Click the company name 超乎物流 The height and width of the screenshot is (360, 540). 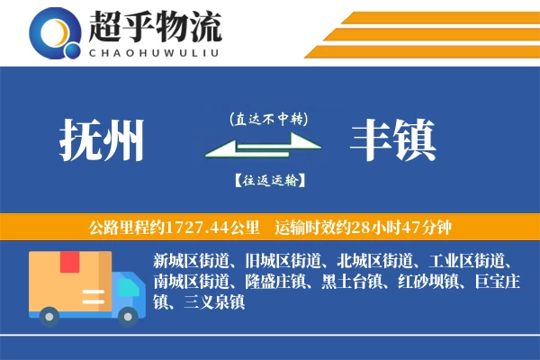pos(154,28)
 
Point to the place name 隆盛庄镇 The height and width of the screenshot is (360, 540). pos(275,283)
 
